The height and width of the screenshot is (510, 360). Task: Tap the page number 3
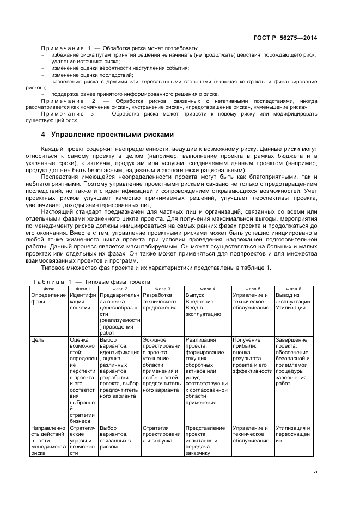click(315, 472)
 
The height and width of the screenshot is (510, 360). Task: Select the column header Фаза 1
click(83, 288)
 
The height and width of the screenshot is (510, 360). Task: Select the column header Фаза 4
click(208, 288)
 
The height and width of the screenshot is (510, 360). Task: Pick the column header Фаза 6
click(293, 288)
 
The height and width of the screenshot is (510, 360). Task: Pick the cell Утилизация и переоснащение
click(293, 432)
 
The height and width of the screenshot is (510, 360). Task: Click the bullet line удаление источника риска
click(82, 62)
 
